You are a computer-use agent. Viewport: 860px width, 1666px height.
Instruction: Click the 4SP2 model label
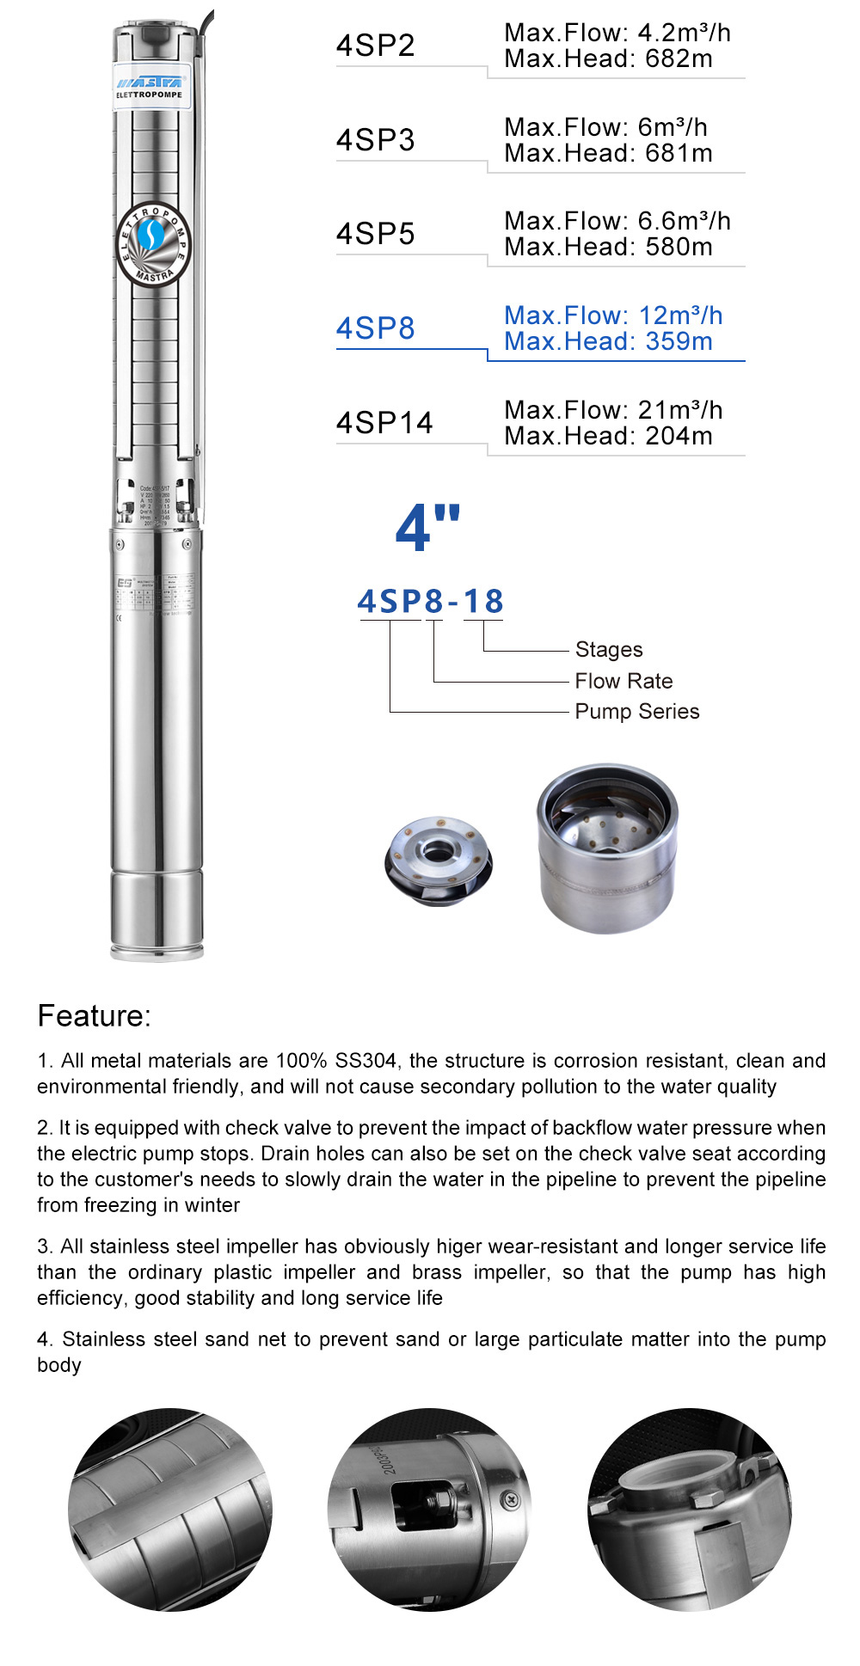tap(375, 46)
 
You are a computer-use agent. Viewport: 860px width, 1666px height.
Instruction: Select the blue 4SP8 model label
tap(375, 328)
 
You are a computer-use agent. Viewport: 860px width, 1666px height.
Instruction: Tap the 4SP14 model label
tap(384, 423)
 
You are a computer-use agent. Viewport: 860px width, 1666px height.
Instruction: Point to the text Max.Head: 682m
tap(608, 59)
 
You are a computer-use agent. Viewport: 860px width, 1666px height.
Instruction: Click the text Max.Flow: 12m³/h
tap(612, 315)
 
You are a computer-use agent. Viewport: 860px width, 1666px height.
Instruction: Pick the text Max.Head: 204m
tap(608, 437)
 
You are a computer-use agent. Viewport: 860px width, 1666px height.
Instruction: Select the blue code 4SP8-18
tap(430, 601)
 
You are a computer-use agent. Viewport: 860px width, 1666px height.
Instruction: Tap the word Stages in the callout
tap(608, 650)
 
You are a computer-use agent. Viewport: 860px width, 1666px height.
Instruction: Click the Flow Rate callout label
tap(623, 681)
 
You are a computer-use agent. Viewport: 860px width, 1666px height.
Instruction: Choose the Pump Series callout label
tap(636, 712)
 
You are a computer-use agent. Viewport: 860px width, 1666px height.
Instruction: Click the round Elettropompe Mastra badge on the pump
tap(153, 244)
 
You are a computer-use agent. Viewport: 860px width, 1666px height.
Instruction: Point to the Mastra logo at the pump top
tap(150, 84)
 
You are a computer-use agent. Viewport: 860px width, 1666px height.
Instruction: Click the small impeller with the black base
tap(438, 861)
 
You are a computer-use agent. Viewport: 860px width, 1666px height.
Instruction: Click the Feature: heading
tap(94, 1016)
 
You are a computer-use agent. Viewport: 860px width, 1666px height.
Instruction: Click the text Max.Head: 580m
tap(608, 248)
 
